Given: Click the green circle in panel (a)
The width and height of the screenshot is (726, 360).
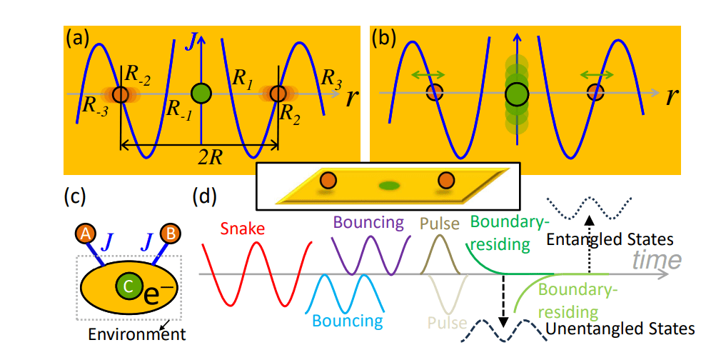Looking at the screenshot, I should [202, 93].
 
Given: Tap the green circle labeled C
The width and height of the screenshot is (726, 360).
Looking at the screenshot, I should [127, 286].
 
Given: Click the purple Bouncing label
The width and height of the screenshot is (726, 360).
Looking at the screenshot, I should [368, 222].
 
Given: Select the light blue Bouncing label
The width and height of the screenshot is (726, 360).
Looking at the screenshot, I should [348, 320].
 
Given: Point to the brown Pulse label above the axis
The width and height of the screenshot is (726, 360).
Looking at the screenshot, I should [440, 224].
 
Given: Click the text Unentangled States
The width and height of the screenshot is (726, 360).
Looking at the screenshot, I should [620, 329].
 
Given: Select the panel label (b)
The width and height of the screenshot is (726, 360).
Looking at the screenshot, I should [386, 39].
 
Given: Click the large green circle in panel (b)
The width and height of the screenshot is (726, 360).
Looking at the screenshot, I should [516, 93].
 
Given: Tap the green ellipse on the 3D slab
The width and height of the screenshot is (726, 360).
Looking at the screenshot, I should [389, 186].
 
